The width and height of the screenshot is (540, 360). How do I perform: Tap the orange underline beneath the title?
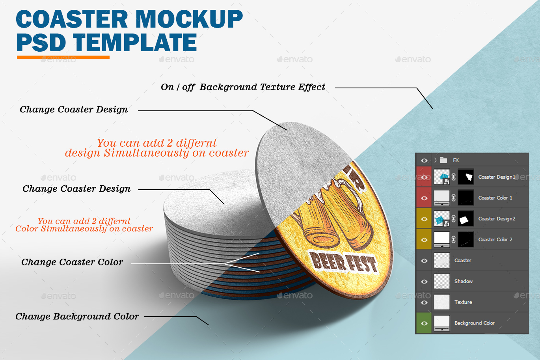pyautogui.click(x=63, y=57)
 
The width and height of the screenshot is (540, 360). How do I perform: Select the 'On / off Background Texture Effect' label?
pyautogui.click(x=243, y=87)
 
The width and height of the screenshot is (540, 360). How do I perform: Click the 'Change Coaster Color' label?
pyautogui.click(x=72, y=262)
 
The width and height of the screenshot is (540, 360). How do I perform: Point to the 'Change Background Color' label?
pyautogui.click(x=77, y=317)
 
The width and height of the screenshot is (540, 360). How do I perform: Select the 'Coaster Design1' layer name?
pyautogui.click(x=496, y=177)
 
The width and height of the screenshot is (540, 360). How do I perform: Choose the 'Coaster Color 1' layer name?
pyautogui.click(x=495, y=198)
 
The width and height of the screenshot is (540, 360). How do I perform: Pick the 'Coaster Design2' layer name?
pyautogui.click(x=497, y=219)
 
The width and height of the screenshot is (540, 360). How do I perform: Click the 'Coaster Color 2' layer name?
pyautogui.click(x=495, y=240)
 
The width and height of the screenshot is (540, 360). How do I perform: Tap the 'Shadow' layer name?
pyautogui.click(x=463, y=282)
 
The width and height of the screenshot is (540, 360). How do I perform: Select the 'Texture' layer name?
pyautogui.click(x=463, y=302)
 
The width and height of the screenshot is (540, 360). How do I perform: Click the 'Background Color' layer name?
pyautogui.click(x=474, y=323)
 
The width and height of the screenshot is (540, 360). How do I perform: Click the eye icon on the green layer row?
pyautogui.click(x=424, y=323)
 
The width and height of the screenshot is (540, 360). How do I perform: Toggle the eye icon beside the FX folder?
pyautogui.click(x=424, y=160)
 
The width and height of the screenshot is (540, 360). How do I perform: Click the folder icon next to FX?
pyautogui.click(x=443, y=160)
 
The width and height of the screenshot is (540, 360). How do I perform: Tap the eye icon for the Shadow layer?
pyautogui.click(x=424, y=282)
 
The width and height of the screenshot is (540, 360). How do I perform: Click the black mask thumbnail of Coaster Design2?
pyautogui.click(x=466, y=219)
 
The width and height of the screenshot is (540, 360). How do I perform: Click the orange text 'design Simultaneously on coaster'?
pyautogui.click(x=157, y=153)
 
